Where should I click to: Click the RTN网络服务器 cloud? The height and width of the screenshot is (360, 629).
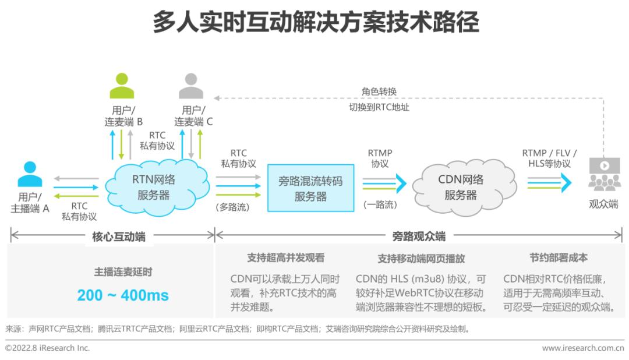click(x=157, y=187)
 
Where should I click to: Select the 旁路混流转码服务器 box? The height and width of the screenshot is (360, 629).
click(x=310, y=188)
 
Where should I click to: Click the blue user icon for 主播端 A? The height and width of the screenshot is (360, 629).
click(x=30, y=174)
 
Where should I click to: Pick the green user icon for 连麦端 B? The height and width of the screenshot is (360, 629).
click(x=122, y=86)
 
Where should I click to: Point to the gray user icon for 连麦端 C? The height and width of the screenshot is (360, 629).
click(x=191, y=86)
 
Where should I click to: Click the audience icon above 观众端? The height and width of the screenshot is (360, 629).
click(x=605, y=174)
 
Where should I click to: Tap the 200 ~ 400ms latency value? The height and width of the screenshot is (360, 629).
click(x=123, y=295)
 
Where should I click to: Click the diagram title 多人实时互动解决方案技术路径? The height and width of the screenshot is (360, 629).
click(x=316, y=22)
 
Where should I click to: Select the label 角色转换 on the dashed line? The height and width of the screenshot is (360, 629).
click(x=379, y=91)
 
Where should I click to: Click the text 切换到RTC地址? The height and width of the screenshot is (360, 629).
click(x=379, y=107)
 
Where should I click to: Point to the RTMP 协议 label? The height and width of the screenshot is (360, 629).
click(x=380, y=158)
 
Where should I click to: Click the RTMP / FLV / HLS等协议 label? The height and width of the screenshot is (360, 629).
click(x=549, y=158)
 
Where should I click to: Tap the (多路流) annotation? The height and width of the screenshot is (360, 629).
click(x=232, y=207)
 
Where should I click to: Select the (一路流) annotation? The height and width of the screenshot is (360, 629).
click(x=380, y=204)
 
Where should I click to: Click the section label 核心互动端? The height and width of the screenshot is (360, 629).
click(x=119, y=237)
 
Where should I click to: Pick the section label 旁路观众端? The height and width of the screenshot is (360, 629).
click(x=419, y=237)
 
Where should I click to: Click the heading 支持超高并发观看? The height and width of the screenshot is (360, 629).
click(x=285, y=257)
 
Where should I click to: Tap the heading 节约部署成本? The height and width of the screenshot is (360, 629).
click(x=559, y=257)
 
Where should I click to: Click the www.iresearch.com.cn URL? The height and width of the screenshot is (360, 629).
click(x=583, y=348)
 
